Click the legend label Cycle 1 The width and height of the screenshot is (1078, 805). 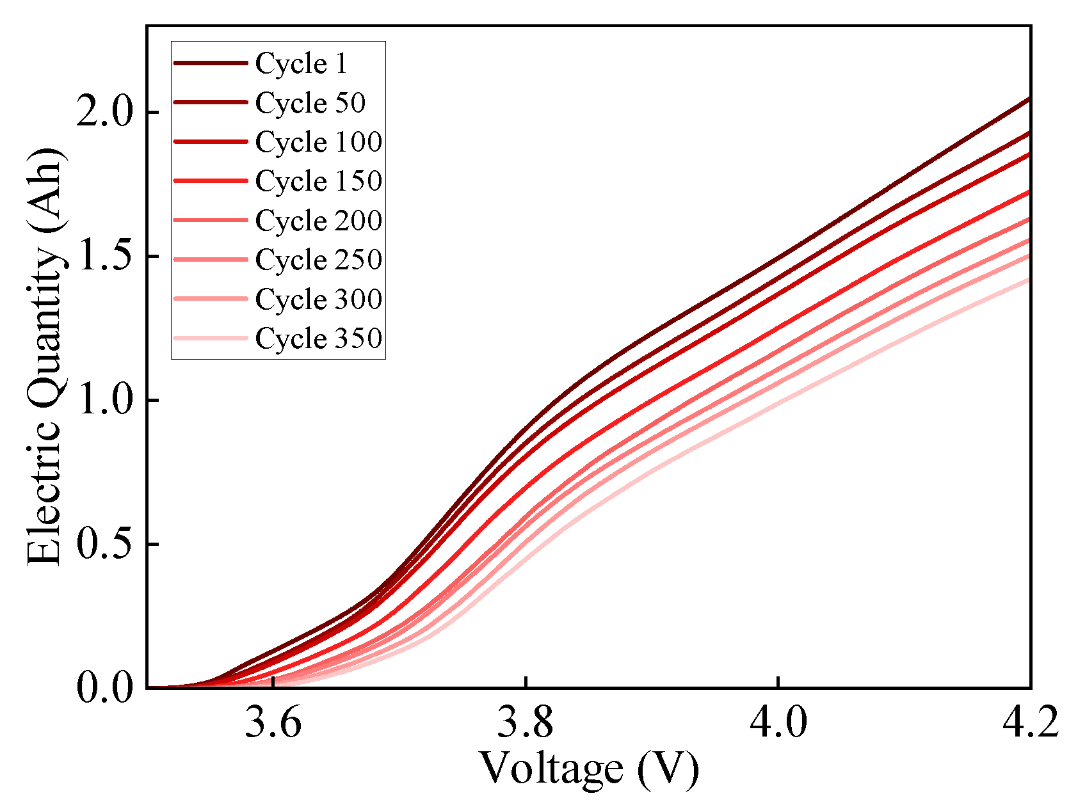tap(301, 63)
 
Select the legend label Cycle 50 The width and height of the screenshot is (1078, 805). tap(310, 103)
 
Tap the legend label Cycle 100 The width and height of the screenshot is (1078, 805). tap(319, 142)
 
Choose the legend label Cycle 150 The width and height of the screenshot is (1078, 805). tap(319, 181)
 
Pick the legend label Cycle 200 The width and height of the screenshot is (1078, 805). tap(319, 221)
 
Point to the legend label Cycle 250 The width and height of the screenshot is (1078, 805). tap(319, 260)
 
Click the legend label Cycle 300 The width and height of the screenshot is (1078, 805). tap(319, 299)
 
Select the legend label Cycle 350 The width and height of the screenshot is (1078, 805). tap(319, 339)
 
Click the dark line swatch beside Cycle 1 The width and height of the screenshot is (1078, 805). tap(211, 63)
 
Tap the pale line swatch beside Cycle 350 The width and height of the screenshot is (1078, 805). tap(211, 339)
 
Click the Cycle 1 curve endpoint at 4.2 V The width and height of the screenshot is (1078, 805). tap(1029, 99)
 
